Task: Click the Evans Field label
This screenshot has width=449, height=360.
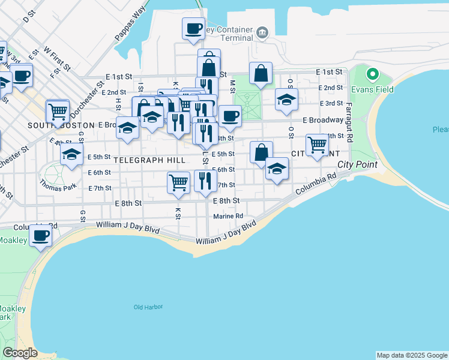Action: pyautogui.click(x=373, y=89)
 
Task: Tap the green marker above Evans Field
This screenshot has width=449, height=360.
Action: pyautogui.click(x=373, y=76)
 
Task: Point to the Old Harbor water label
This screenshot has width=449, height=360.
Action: pyautogui.click(x=148, y=307)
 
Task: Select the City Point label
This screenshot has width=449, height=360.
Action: pyautogui.click(x=358, y=164)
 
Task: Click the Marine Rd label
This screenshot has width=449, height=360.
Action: pyautogui.click(x=228, y=216)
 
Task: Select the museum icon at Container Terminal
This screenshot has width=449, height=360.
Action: pyautogui.click(x=262, y=32)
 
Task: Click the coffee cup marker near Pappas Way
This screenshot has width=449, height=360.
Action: pyautogui.click(x=193, y=28)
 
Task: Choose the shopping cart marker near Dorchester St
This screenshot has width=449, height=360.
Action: pyautogui.click(x=58, y=110)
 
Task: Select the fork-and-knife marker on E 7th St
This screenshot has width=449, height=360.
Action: pyautogui.click(x=205, y=181)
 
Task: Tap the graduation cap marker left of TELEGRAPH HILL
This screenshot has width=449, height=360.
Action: pyautogui.click(x=72, y=155)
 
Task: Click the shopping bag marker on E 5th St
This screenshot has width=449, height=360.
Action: pyautogui.click(x=261, y=152)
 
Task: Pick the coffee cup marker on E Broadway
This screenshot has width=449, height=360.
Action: pyautogui.click(x=230, y=116)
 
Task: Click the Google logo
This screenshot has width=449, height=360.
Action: pyautogui.click(x=20, y=353)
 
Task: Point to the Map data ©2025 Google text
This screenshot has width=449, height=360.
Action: pyautogui.click(x=412, y=355)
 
